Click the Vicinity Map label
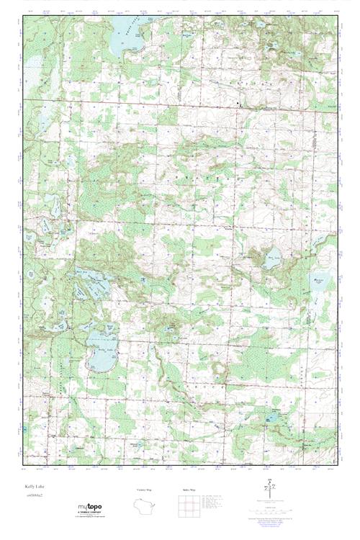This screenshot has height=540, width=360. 145,490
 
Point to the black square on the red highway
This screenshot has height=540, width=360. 239,105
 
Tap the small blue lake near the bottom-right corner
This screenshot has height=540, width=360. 274,418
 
